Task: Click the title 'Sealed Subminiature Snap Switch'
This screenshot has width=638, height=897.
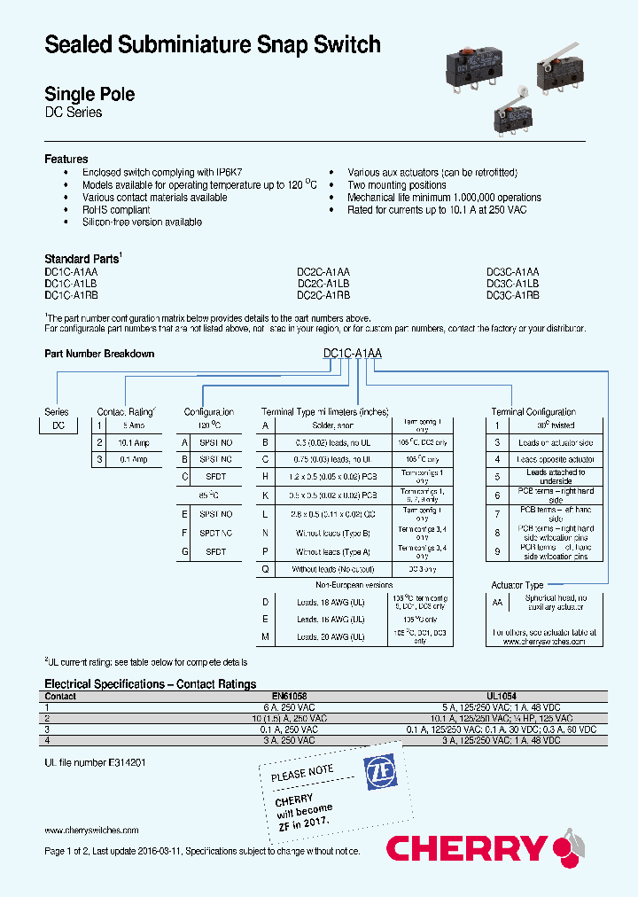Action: click(213, 45)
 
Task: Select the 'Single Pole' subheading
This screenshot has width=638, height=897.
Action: click(89, 94)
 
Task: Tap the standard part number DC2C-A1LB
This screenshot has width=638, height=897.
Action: click(323, 284)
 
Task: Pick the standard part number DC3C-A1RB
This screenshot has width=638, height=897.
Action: click(512, 295)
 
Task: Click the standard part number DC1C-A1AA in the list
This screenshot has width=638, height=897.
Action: click(71, 272)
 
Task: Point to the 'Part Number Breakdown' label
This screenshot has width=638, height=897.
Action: click(99, 354)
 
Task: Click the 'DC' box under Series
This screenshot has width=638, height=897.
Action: click(58, 425)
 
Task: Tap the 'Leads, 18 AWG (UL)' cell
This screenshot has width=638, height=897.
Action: click(330, 602)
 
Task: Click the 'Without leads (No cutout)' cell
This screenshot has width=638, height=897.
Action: click(330, 569)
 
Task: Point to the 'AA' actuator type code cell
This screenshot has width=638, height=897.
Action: click(498, 601)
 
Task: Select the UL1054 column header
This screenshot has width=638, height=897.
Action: click(502, 697)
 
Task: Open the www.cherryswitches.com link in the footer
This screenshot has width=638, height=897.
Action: click(91, 831)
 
